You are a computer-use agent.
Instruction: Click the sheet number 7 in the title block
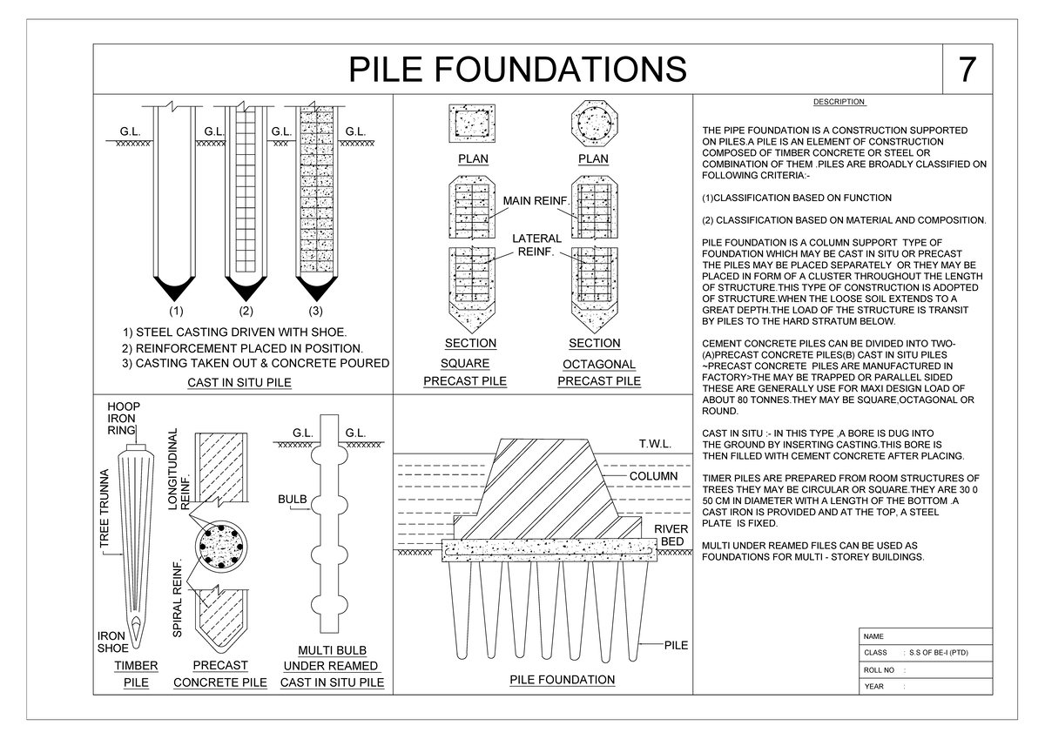967,70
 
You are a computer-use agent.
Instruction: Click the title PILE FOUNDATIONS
517,70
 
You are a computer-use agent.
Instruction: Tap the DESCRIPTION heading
839,102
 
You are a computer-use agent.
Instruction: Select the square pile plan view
470,123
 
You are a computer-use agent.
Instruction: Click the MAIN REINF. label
536,202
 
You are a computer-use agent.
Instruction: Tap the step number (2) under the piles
246,311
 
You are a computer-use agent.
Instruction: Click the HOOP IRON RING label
123,419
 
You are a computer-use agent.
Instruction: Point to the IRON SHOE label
112,642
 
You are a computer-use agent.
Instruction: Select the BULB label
292,500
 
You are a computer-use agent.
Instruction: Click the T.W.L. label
655,444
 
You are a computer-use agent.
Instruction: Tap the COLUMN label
653,477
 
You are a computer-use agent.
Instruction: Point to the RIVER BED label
671,535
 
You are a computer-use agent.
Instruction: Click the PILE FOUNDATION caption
562,680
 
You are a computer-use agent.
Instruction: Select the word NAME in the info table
873,636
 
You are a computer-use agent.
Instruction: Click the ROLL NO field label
879,670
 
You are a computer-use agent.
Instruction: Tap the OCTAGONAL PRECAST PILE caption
598,373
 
